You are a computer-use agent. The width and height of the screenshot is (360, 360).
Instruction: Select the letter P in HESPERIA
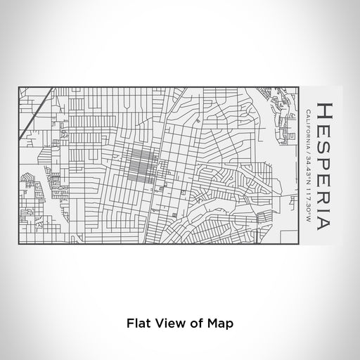pyautogui.click(x=326, y=153)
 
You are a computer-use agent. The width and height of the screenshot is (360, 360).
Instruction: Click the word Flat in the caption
pyautogui.click(x=137, y=325)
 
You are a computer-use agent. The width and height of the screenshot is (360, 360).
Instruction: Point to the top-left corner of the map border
pyautogui.click(x=19, y=86)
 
